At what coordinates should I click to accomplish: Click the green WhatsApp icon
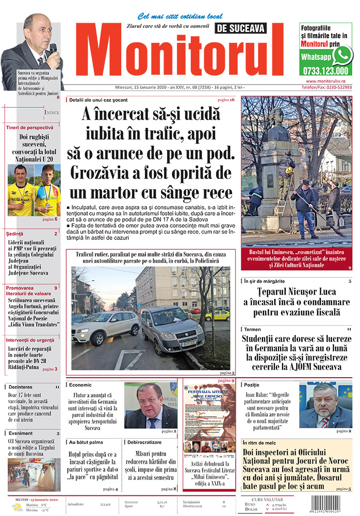tap(342, 55)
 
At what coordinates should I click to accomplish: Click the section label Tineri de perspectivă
tap(29, 127)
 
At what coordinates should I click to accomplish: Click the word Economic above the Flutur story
tap(80, 385)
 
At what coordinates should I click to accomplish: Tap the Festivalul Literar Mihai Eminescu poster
tap(208, 420)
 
